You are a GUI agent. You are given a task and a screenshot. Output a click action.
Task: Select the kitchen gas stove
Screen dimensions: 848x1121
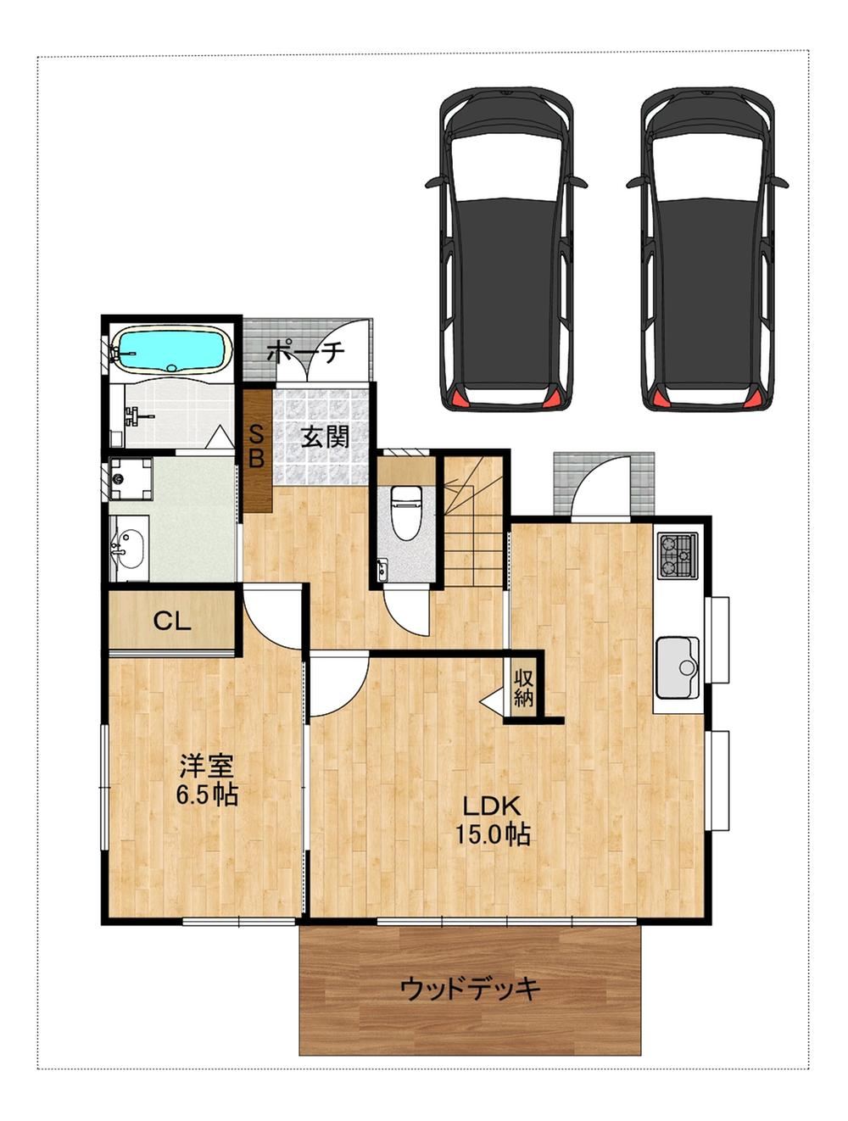click(x=677, y=555)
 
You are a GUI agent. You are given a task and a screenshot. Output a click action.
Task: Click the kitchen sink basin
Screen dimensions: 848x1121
click(x=678, y=666)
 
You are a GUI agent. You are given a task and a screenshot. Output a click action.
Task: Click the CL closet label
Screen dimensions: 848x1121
click(x=172, y=622)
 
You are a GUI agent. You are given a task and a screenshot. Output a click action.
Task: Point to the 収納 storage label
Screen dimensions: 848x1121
click(x=523, y=687)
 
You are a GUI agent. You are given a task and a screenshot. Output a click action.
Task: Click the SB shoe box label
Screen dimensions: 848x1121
click(x=256, y=449)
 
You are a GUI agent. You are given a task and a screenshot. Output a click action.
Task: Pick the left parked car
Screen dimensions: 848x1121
click(x=505, y=248)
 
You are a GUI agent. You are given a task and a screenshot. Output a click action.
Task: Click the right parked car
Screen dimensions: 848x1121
click(x=707, y=248)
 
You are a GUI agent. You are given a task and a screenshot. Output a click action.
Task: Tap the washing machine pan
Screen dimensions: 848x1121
click(x=131, y=478)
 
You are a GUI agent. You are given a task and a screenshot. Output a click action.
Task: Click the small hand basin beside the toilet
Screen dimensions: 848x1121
click(x=382, y=570)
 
